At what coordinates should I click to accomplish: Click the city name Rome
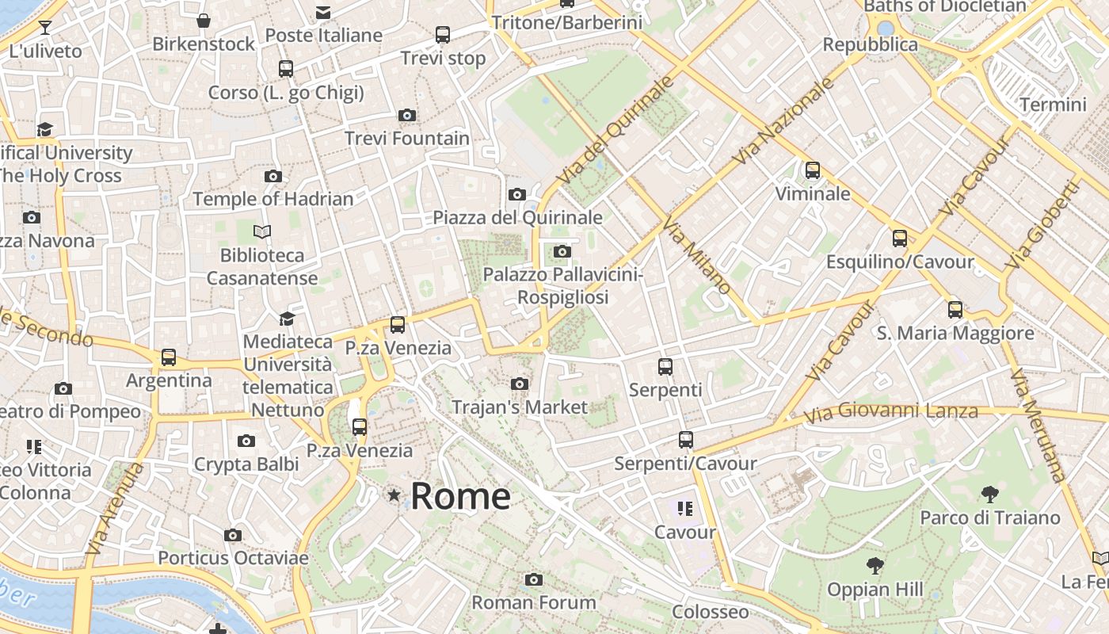point(460,496)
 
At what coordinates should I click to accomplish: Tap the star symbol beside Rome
point(394,495)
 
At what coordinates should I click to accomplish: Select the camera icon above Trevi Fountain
point(407,116)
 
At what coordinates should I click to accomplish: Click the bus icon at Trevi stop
point(443,35)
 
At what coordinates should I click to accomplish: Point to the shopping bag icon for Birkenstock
point(204,21)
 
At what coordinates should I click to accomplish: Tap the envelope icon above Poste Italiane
point(323,13)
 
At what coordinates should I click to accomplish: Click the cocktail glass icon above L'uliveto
point(45,28)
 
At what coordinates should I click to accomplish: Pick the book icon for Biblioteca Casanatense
point(262,231)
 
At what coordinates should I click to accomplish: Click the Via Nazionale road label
point(783,121)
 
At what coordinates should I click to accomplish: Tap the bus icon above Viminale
point(812,170)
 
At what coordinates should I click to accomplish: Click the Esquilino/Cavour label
point(900,262)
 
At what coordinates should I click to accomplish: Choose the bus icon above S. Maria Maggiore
point(955,310)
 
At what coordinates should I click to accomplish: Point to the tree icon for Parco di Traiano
point(989,495)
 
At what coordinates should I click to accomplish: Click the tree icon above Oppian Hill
point(875,566)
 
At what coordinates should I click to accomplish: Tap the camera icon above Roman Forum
point(534,579)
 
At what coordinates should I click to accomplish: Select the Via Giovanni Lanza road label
point(890,412)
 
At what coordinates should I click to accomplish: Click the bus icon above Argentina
point(169,357)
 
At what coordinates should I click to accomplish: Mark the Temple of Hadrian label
point(273,199)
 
